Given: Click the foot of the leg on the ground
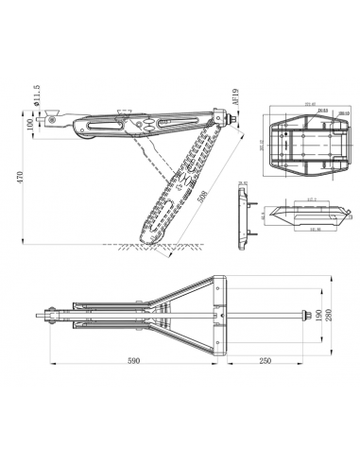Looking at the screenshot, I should pyautogui.click(x=157, y=235).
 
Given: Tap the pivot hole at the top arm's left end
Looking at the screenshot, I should pyautogui.click(x=58, y=121).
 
